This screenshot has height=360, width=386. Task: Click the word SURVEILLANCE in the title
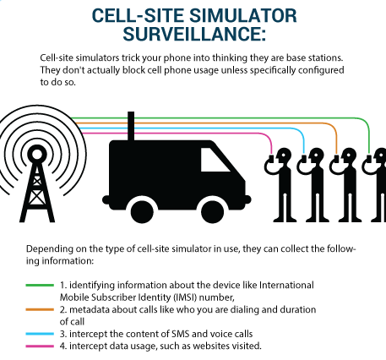coord(193,34)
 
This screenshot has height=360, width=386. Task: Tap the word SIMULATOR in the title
coord(243,15)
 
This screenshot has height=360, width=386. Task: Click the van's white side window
coord(215,160)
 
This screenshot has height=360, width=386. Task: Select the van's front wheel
coord(213,211)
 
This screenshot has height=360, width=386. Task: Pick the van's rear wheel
coord(142,211)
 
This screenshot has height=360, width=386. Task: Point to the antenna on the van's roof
coord(131,126)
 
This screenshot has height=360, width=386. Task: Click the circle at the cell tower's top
coord(37,154)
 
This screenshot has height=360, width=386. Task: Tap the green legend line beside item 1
coord(40,286)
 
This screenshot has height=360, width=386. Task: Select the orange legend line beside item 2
coord(40,309)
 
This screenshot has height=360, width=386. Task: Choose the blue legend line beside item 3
coord(40,334)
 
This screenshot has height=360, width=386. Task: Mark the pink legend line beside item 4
coord(40,346)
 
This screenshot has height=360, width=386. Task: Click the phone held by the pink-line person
coord(271,159)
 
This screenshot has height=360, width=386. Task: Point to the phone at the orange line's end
coord(336,159)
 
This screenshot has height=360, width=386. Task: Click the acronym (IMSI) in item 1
coord(185,297)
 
